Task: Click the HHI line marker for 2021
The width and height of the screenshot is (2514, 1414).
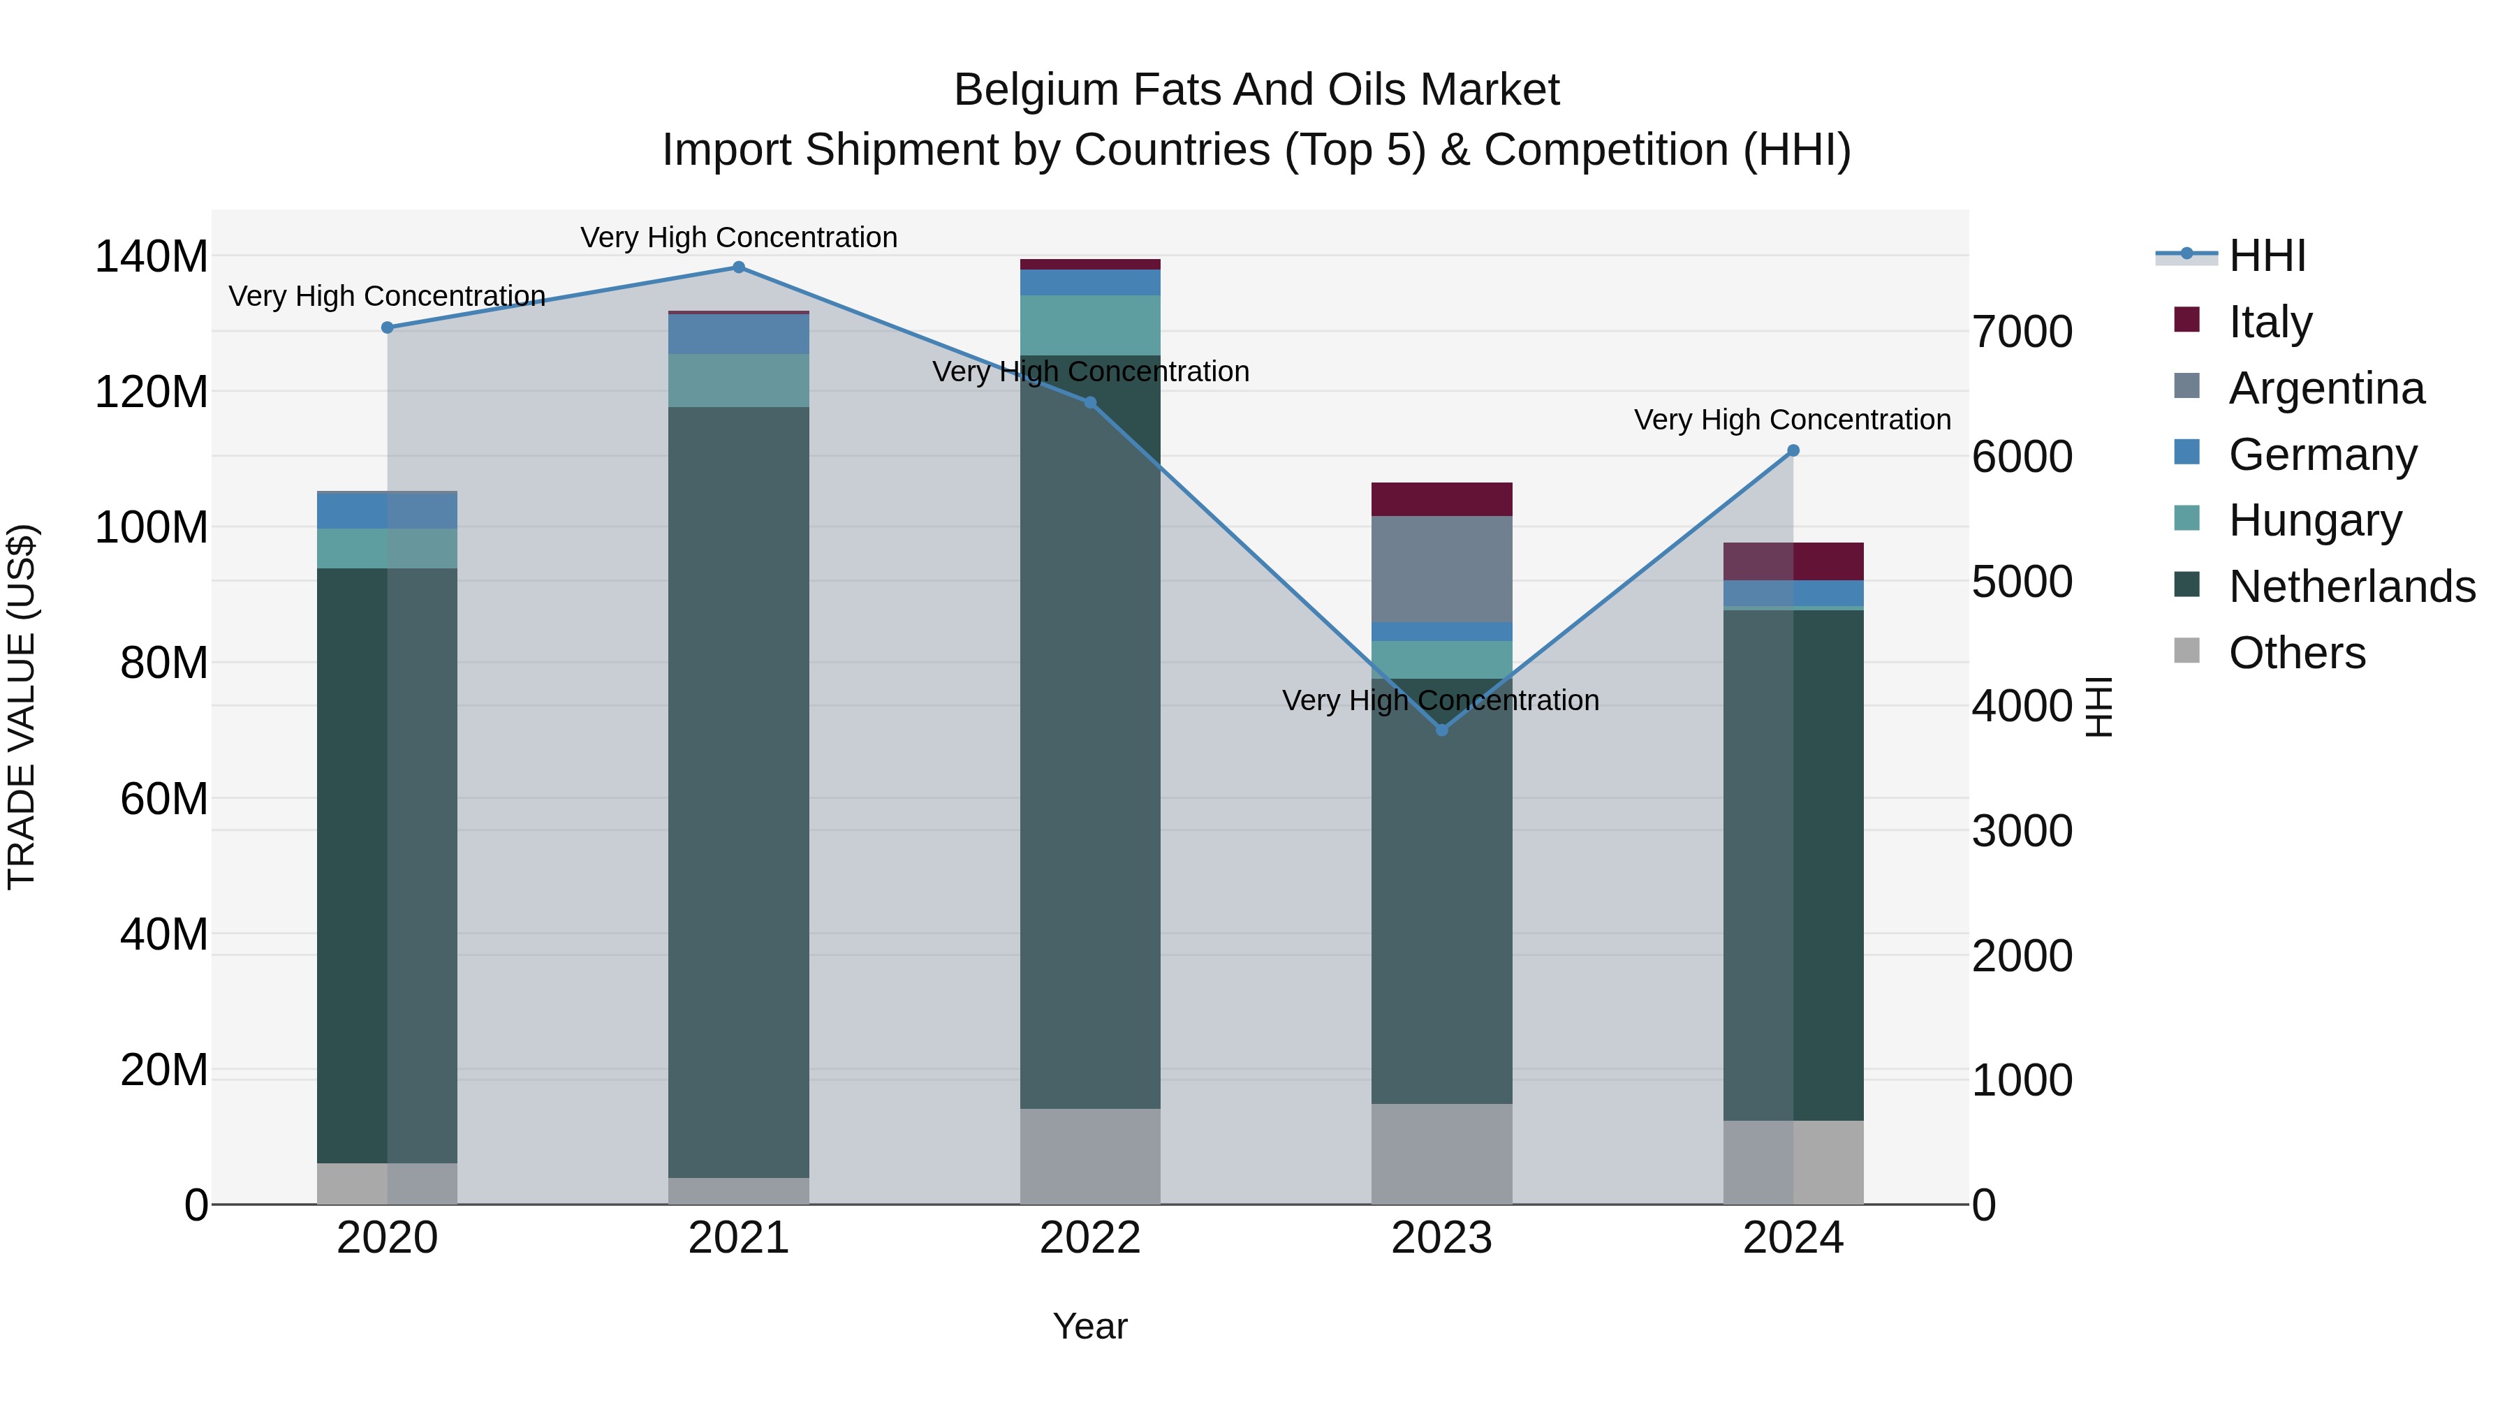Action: (739, 267)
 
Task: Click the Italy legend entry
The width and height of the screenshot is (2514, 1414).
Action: (2270, 322)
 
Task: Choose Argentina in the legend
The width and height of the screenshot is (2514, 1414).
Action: (2325, 388)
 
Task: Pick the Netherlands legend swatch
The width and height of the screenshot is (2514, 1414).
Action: (2187, 586)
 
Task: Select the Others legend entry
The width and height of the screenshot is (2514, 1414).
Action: (2296, 653)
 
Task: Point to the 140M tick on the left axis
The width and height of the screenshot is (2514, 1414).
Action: (152, 258)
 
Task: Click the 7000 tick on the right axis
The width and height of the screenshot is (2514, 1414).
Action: (2022, 333)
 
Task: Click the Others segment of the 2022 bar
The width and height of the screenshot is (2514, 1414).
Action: (1090, 1156)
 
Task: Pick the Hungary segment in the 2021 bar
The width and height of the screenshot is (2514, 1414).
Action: (739, 381)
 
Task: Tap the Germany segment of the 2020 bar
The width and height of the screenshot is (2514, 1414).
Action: (388, 510)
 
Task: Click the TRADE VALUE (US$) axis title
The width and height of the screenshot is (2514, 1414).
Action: (22, 707)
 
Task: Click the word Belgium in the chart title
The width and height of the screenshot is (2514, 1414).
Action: (1034, 90)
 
